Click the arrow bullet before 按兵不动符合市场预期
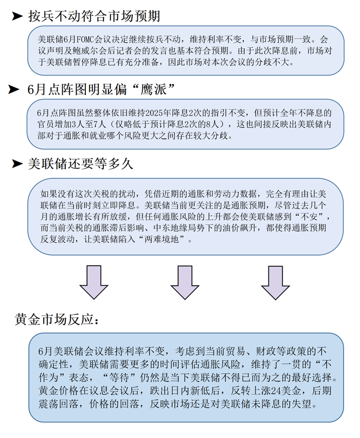click(17, 16)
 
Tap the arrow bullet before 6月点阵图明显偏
click(14, 90)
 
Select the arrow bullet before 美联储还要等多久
click(17, 163)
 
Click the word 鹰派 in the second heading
click(153, 90)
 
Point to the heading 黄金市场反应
click(57, 319)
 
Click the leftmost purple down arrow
click(94, 282)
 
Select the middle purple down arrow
click(185, 282)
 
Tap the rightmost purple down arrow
click(276, 282)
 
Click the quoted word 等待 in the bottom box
click(119, 377)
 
